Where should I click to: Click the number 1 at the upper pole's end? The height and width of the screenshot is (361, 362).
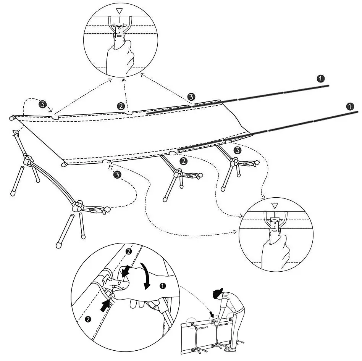(x=321, y=79)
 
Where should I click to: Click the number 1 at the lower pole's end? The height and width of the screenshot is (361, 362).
(x=350, y=106)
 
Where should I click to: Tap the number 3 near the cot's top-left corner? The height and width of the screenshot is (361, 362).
(x=43, y=104)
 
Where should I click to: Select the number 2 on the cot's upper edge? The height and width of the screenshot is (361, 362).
(x=121, y=106)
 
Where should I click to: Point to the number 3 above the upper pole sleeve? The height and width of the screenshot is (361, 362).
(x=191, y=96)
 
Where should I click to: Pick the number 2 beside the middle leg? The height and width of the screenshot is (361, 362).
(x=184, y=161)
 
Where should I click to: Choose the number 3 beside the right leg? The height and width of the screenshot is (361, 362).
(x=238, y=150)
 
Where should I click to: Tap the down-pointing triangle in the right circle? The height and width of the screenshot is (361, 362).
(x=274, y=206)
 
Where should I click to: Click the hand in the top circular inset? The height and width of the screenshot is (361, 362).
(x=119, y=57)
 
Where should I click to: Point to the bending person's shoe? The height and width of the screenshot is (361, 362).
(x=230, y=349)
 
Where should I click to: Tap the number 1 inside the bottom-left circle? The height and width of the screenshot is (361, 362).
(x=163, y=285)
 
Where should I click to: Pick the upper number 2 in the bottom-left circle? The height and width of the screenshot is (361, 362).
(x=129, y=251)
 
